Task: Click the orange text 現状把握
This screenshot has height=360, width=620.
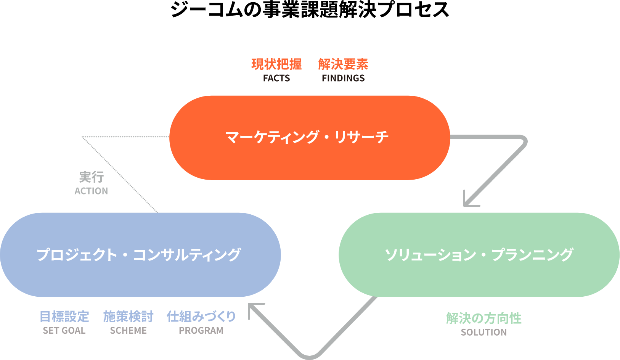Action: (x=276, y=64)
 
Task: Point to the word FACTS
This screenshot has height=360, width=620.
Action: (x=276, y=78)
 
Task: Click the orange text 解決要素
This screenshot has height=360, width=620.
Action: (x=343, y=64)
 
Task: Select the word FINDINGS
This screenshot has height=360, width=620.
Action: (x=343, y=78)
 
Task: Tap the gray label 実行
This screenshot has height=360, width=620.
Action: (x=91, y=177)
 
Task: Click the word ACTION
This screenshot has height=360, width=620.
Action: (x=91, y=191)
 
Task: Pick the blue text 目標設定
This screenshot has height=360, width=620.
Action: (x=64, y=317)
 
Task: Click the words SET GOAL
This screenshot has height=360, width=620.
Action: (x=64, y=331)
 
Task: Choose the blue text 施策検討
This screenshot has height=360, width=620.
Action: (x=128, y=317)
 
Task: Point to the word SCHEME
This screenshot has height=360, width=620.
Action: (x=128, y=331)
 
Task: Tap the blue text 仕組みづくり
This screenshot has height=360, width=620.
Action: (x=201, y=317)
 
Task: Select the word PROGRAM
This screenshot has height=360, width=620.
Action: (x=201, y=331)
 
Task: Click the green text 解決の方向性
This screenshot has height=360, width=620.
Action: (x=484, y=318)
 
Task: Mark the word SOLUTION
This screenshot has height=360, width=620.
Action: (x=484, y=332)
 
